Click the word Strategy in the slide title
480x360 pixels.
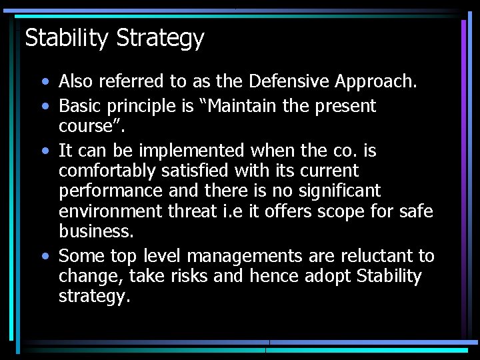(x=160, y=39)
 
